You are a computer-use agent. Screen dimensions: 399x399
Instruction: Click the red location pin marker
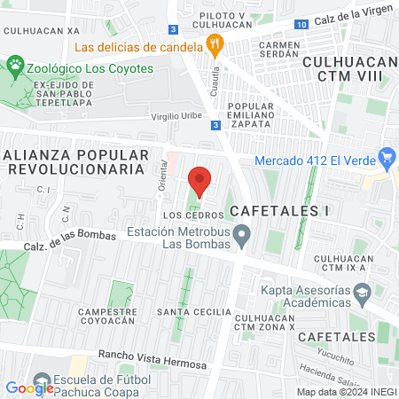click(x=199, y=181)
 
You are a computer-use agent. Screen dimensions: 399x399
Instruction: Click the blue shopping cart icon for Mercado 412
click(x=386, y=160)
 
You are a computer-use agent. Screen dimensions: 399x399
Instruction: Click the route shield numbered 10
click(x=302, y=24)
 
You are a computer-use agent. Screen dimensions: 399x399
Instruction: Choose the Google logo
click(x=29, y=387)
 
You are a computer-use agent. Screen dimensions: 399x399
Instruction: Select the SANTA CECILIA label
click(x=188, y=312)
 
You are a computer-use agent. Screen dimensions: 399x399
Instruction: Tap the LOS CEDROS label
click(x=185, y=215)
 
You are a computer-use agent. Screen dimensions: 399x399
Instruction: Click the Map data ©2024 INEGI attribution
click(x=346, y=392)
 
